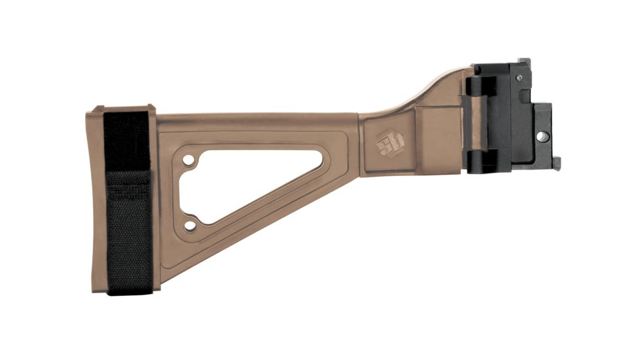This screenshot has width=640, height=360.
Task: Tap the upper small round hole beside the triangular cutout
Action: pyautogui.click(x=188, y=160)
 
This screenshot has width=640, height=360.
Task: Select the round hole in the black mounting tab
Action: pyautogui.click(x=542, y=136)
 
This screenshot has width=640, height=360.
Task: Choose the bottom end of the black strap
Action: pyautogui.click(x=129, y=288)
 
